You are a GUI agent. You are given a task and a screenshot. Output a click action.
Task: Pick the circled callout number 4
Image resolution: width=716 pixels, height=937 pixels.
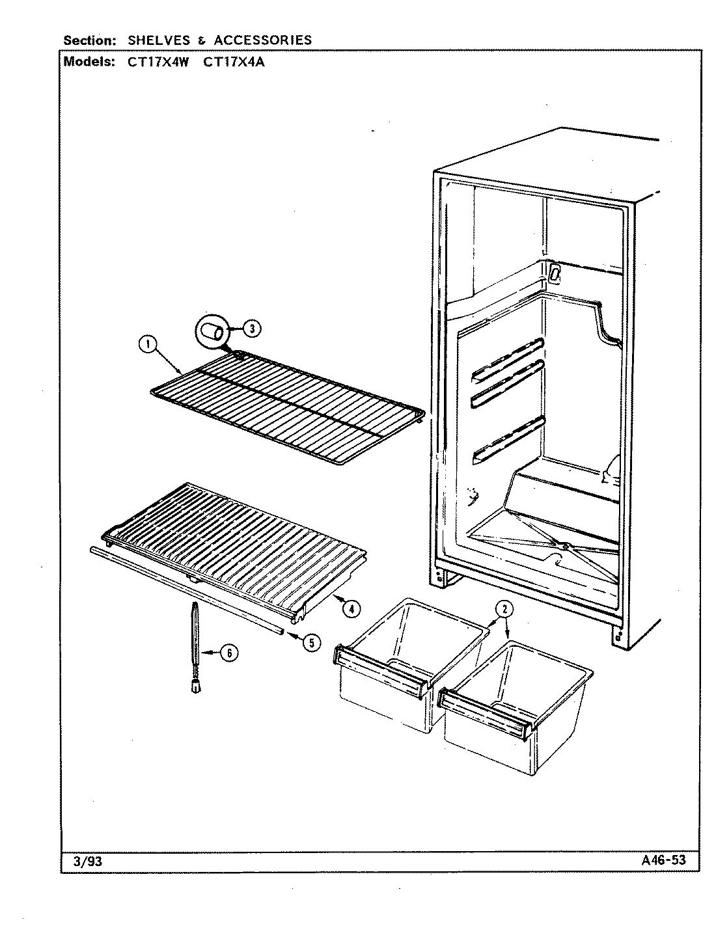pyautogui.click(x=350, y=609)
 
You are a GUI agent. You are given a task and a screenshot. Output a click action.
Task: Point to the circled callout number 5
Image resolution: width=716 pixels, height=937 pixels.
pyautogui.click(x=311, y=642)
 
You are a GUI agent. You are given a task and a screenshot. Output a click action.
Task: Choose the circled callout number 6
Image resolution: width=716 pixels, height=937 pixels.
pyautogui.click(x=228, y=654)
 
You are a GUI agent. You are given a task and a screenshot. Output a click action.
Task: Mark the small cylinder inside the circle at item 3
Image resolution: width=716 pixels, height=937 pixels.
pyautogui.click(x=212, y=331)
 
